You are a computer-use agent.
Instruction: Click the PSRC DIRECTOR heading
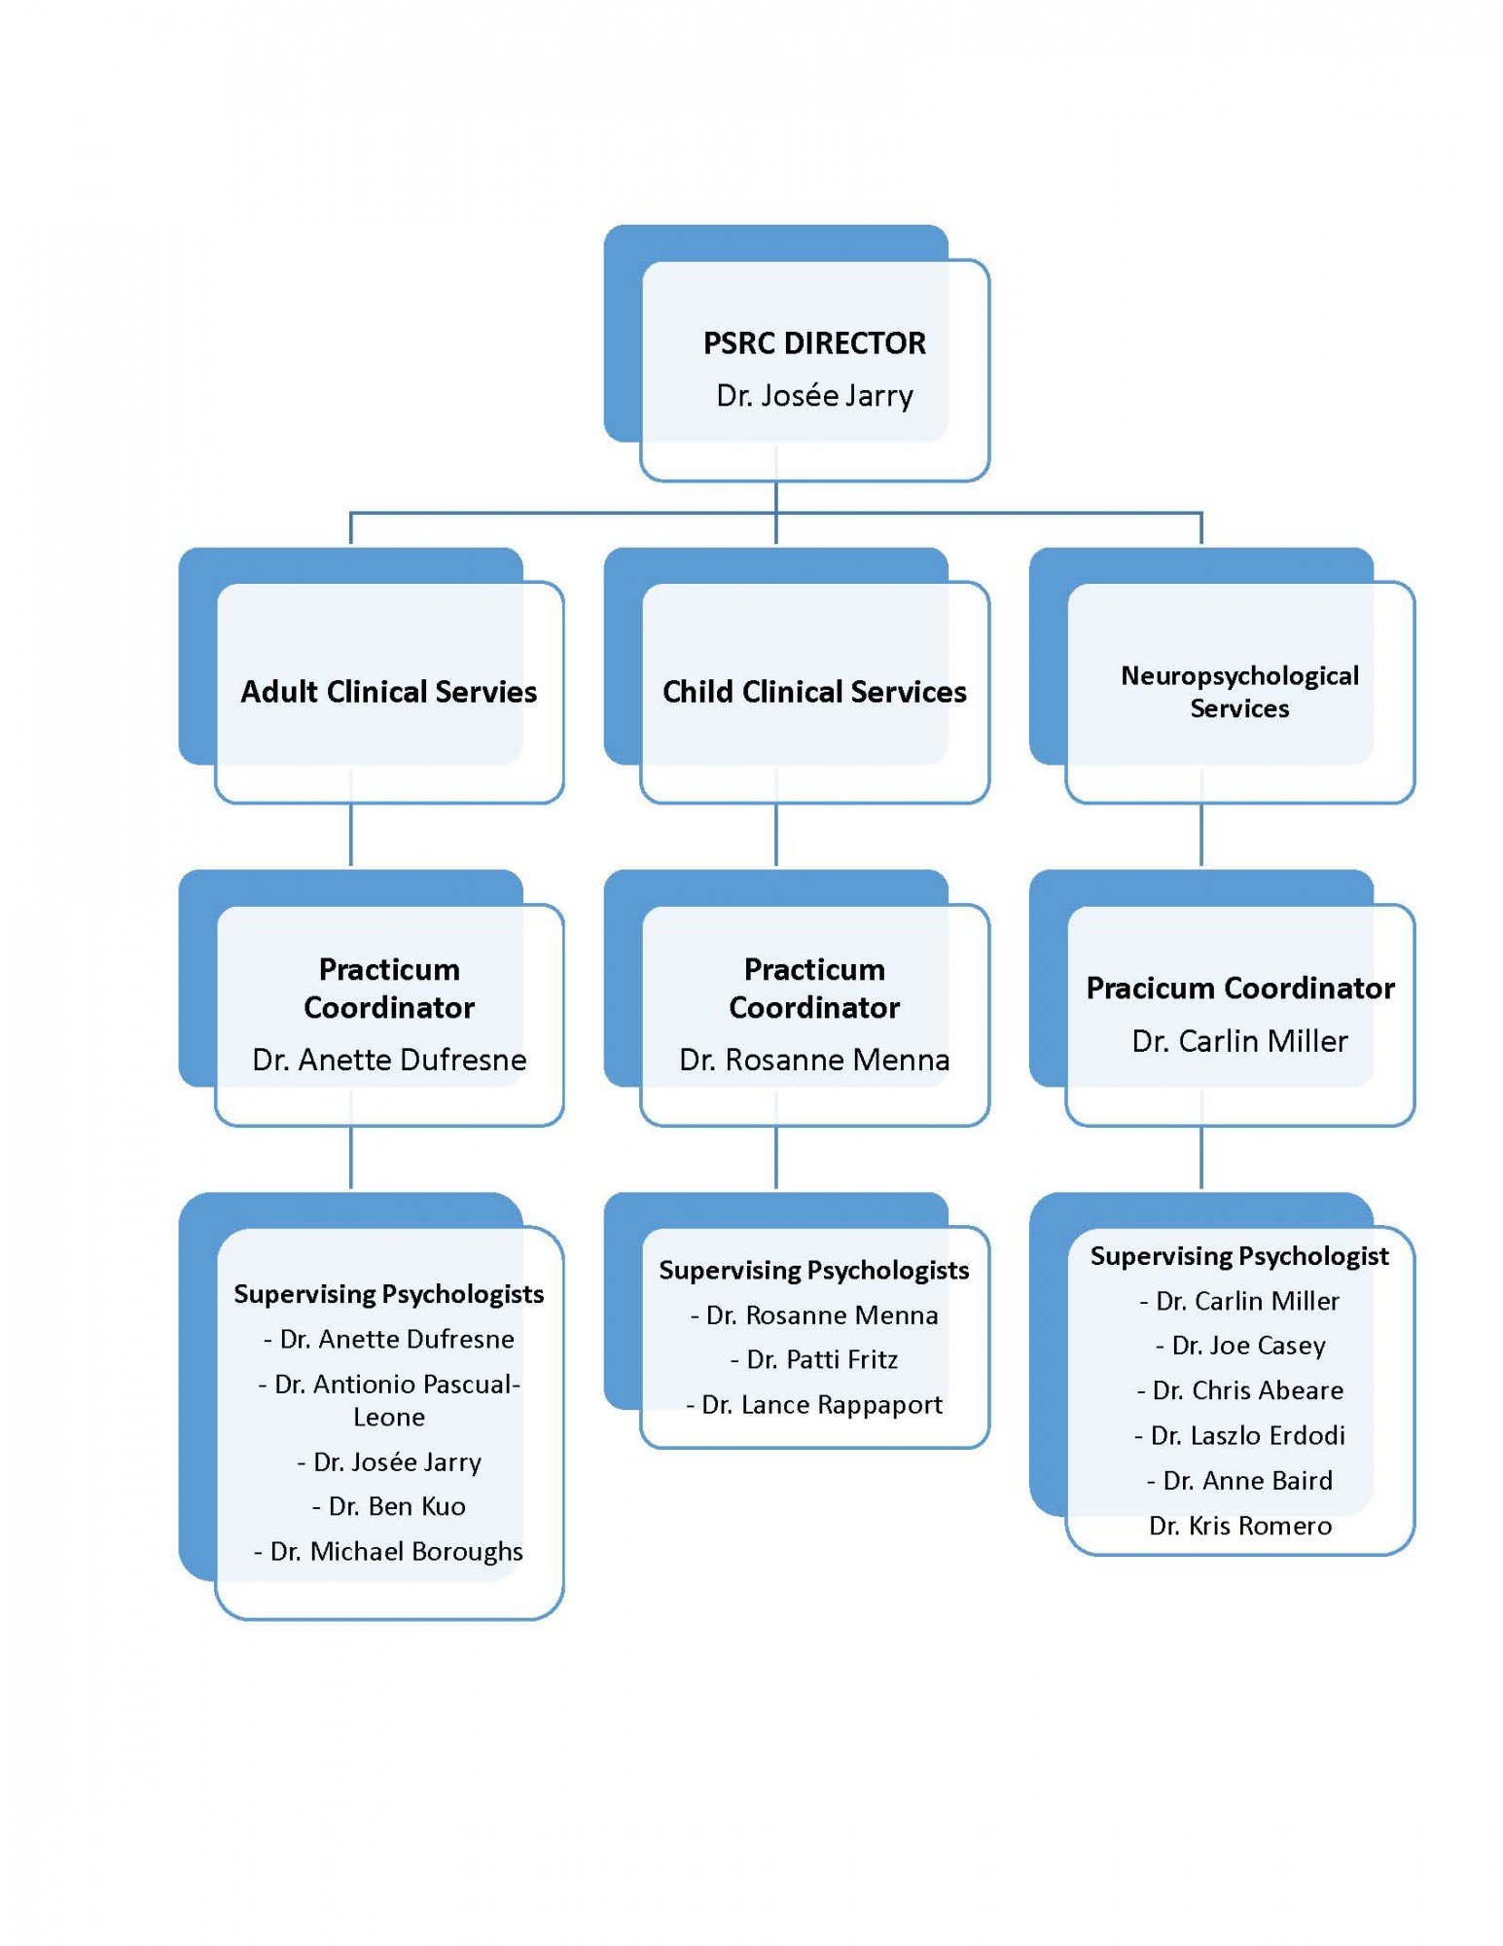(x=814, y=342)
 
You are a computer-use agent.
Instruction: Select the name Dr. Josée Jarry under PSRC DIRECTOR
(x=814, y=396)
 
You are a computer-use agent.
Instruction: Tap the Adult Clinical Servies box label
(x=388, y=692)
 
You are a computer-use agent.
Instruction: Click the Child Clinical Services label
(x=814, y=692)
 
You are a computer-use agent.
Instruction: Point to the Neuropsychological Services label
(x=1238, y=692)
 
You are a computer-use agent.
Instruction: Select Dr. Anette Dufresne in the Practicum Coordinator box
(x=388, y=1060)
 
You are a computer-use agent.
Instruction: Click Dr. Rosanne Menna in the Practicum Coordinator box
(x=814, y=1060)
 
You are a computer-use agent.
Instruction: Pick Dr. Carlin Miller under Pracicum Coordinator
(x=1238, y=1041)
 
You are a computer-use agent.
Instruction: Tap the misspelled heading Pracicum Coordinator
(x=1238, y=989)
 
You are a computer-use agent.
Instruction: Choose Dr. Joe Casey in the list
(x=1247, y=1346)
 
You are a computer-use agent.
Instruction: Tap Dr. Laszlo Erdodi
(x=1247, y=1435)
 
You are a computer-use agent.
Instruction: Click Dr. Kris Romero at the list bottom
(x=1239, y=1526)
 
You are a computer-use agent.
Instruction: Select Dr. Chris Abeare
(x=1247, y=1390)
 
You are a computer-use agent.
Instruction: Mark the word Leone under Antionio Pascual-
(x=388, y=1417)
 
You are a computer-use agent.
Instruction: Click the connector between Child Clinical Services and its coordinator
(x=775, y=835)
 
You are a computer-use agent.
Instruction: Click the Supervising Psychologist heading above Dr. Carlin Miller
(x=1238, y=1256)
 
